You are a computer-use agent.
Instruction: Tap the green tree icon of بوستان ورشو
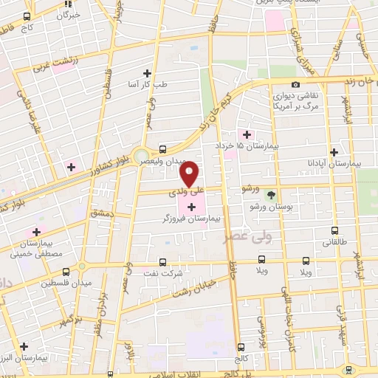pyautogui.click(x=271, y=194)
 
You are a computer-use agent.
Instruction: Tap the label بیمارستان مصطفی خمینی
pyautogui.click(x=28, y=247)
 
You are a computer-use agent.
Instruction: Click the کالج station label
pyautogui.click(x=241, y=358)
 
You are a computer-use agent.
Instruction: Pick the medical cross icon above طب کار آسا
pyautogui.click(x=148, y=73)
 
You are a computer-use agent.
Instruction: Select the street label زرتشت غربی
pyautogui.click(x=54, y=65)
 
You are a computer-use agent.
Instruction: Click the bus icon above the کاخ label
pyautogui.click(x=27, y=16)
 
